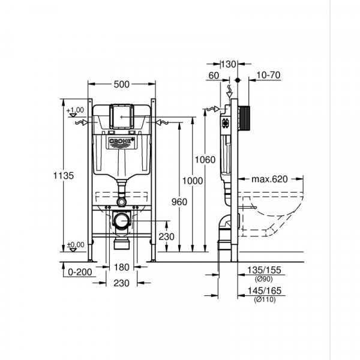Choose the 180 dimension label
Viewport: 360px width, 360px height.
click(122, 266)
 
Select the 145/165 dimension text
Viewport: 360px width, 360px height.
click(264, 291)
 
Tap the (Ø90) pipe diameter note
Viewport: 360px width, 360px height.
click(263, 280)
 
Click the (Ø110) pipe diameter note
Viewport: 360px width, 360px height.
click(264, 299)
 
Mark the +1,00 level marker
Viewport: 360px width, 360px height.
click(76, 110)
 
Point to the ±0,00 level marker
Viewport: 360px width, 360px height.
click(76, 245)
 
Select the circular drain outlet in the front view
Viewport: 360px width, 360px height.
click(122, 221)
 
